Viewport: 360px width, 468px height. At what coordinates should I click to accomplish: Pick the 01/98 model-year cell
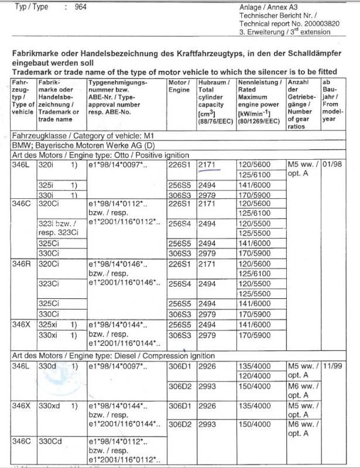point(333,165)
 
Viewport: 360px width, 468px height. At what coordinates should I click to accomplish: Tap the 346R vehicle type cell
point(22,264)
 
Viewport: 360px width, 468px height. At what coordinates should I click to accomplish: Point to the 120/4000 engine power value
point(253,376)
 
